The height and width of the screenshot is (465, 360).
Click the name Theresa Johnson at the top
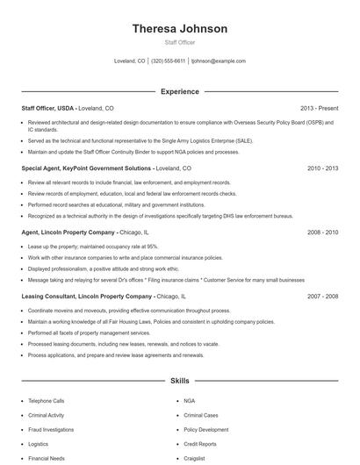[179, 29]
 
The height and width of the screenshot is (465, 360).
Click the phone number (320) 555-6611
[169, 61]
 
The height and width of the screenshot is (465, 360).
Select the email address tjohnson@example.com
[219, 61]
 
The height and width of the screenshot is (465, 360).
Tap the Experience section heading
[179, 91]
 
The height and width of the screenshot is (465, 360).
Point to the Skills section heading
[179, 382]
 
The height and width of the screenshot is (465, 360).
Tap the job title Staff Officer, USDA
[48, 108]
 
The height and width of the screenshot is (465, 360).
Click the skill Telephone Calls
[46, 401]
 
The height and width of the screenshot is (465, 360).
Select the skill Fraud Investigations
[51, 430]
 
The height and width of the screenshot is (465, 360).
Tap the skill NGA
[189, 401]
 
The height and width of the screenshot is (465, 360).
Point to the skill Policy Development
[205, 430]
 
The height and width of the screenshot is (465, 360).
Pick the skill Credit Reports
[199, 445]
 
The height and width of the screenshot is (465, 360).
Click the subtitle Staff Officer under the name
[179, 42]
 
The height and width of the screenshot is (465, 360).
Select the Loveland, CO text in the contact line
[130, 61]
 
